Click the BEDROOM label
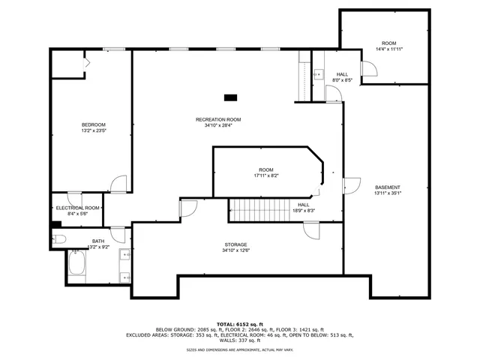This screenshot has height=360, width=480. coord(94,124)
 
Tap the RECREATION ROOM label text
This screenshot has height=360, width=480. coord(218,119)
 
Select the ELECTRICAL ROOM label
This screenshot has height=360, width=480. coord(78,208)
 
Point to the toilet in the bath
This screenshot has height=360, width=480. coord(60,239)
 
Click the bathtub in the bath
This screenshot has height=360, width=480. coord(76,264)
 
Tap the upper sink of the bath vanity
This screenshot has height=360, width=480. coord(124,256)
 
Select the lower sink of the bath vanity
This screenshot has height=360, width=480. coord(124,276)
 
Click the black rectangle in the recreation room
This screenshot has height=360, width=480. coord(231,96)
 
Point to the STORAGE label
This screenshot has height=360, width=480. coord(235,244)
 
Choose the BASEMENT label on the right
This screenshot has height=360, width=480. coord(388,187)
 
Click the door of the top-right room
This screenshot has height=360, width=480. coord(367,70)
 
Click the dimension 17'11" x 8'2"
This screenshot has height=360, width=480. coord(266,175)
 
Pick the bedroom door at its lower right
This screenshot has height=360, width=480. coord(118,184)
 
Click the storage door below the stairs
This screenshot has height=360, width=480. coord(308,231)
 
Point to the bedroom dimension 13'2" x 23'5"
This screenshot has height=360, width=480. coord(94,130)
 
